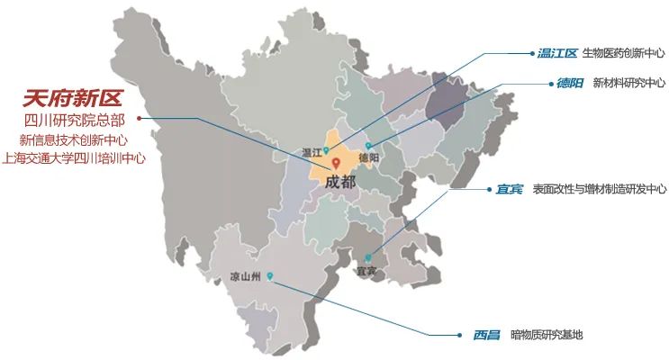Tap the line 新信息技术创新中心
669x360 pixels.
click(x=74, y=139)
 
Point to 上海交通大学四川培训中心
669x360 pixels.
click(x=74, y=157)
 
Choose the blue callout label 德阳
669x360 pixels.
click(x=570, y=83)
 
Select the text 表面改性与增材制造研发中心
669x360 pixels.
click(x=600, y=189)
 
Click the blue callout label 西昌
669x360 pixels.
click(x=486, y=335)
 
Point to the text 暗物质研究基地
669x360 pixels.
click(x=547, y=335)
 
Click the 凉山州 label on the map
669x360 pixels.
click(x=245, y=276)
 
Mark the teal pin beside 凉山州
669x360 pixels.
click(x=269, y=276)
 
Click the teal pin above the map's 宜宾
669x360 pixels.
click(x=367, y=257)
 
